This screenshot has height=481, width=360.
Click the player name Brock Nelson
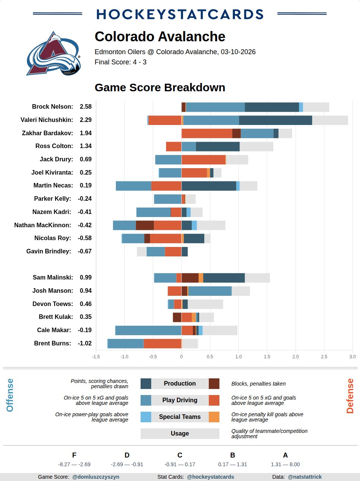tap(52, 107)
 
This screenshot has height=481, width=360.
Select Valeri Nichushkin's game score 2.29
tap(86, 120)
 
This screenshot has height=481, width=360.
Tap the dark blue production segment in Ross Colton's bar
tap(218, 147)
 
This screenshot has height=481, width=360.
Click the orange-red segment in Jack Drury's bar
tap(203, 160)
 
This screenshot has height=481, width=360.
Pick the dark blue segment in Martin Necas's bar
tap(208, 186)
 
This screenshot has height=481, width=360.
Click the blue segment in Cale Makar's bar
tap(148, 330)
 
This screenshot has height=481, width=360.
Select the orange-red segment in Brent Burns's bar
tap(162, 344)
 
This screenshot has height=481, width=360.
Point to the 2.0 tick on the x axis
tap(296, 356)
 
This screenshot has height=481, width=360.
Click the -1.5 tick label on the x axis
tap(96, 356)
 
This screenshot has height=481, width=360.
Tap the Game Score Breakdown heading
tap(160, 87)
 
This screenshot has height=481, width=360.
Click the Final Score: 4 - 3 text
tap(121, 62)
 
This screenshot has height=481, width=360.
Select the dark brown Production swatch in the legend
tap(214, 384)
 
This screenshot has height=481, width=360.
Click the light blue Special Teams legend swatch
tap(146, 417)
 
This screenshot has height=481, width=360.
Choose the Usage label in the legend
tap(180, 434)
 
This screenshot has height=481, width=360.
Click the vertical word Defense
tap(350, 396)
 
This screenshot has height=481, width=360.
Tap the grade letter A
tap(285, 455)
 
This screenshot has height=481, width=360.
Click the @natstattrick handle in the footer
tap(305, 477)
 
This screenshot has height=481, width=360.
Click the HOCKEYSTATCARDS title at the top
tap(180, 14)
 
